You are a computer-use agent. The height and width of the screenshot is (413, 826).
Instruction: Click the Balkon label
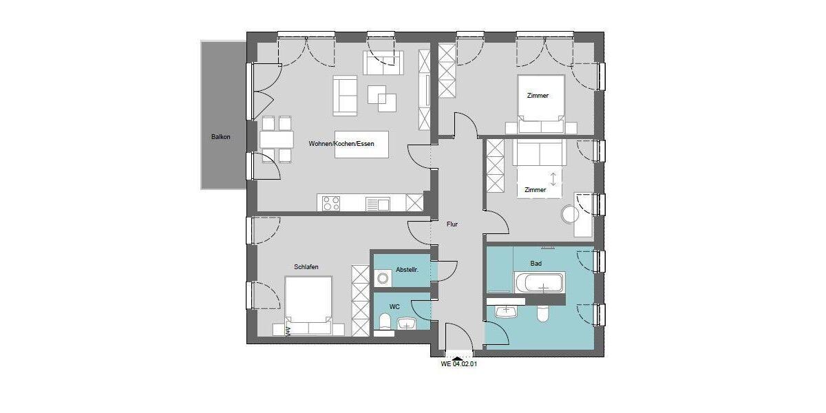221,137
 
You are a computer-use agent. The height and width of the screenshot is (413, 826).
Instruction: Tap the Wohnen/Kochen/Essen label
341,144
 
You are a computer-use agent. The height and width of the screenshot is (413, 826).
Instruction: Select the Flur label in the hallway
452,224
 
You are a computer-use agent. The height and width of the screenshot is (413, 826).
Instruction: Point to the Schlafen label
306,267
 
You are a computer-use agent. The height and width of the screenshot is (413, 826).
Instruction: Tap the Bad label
536,264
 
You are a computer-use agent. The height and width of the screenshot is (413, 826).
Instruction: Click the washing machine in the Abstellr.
382,278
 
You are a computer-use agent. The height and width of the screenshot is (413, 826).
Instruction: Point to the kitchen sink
377,203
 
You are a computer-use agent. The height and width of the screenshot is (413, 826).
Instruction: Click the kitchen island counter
361,144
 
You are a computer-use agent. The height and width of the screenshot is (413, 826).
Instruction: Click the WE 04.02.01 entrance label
458,365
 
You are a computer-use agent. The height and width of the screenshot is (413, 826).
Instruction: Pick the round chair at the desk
571,214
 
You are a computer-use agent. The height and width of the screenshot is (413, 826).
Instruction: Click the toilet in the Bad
542,313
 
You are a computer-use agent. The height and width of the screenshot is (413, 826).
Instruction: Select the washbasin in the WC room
408,324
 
